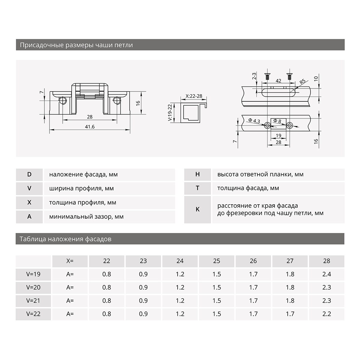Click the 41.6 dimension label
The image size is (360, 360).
point(90,127)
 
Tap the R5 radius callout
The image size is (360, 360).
point(302,82)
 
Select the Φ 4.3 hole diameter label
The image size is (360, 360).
point(254,121)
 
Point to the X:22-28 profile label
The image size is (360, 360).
point(194,96)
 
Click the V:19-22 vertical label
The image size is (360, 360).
point(170,112)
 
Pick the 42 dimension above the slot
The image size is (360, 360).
point(278,81)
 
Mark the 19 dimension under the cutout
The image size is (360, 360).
point(278,136)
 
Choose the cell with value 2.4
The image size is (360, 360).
point(326,274)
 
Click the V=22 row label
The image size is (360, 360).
point(33,314)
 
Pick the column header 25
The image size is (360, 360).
point(217,261)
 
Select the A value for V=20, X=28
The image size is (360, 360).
point(326,287)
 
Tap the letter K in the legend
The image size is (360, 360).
point(197,209)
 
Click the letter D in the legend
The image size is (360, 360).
point(29,175)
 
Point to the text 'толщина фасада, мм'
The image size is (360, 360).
point(248,188)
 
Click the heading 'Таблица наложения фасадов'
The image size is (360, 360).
point(65,239)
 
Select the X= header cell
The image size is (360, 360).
point(70,261)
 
